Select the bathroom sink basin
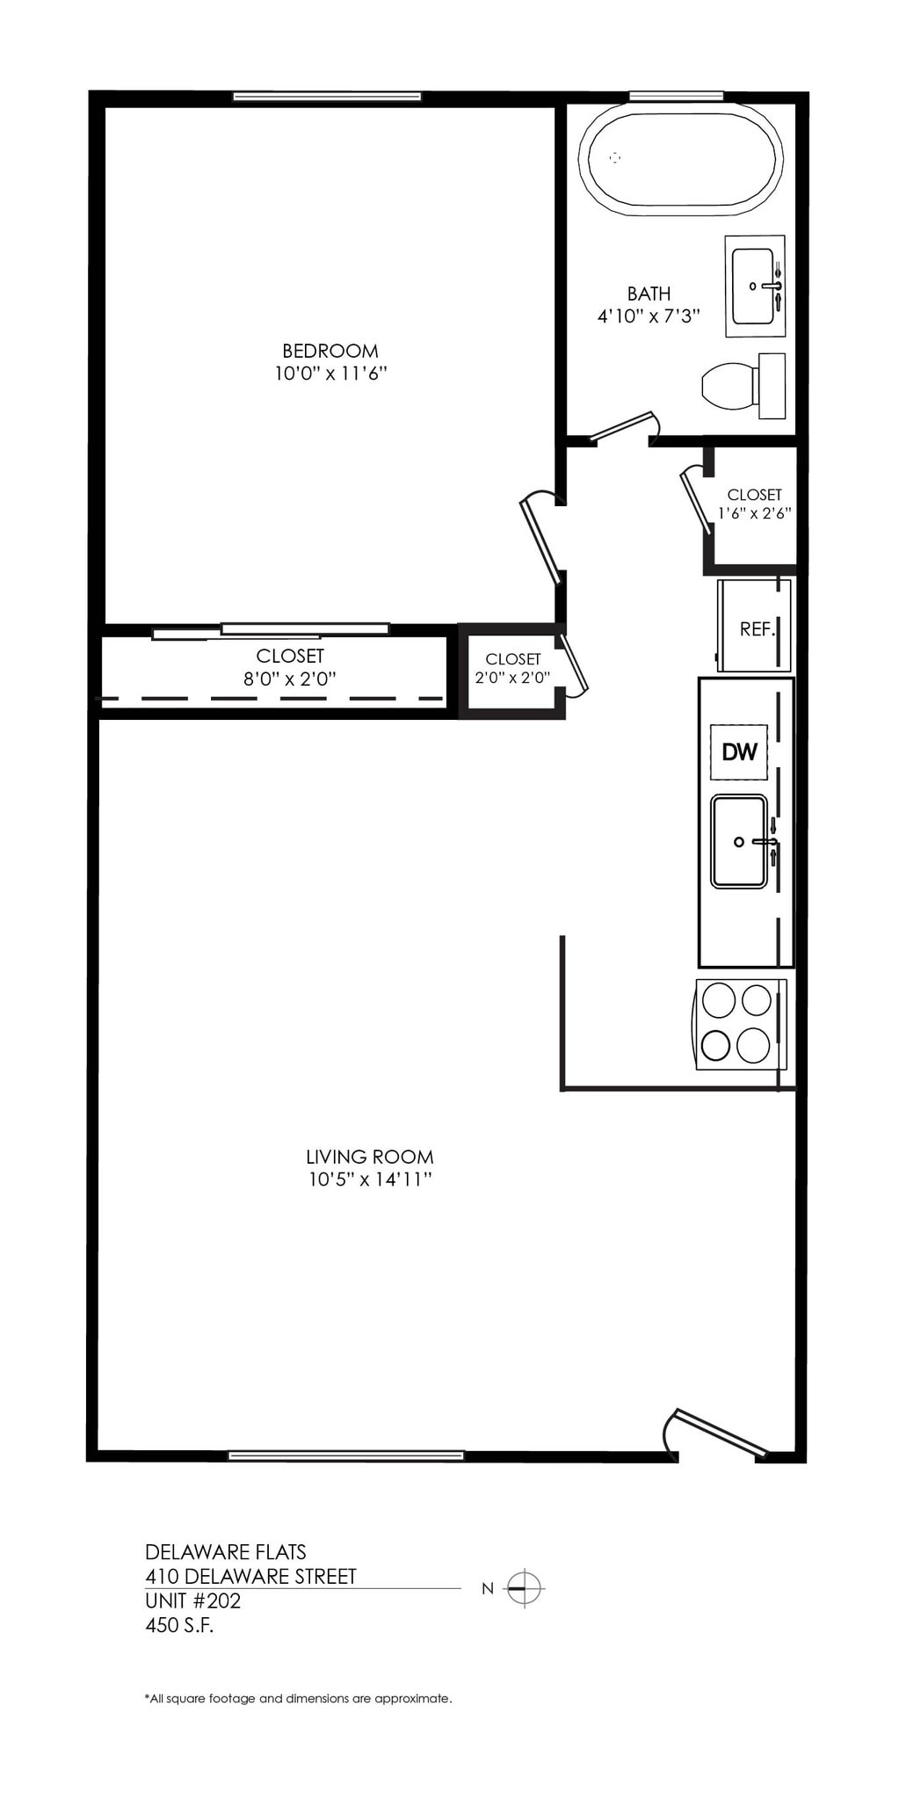tap(753, 286)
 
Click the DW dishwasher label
tap(739, 751)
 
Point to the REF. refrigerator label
tap(757, 629)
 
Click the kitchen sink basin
tap(739, 841)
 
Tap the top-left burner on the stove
tap(719, 1000)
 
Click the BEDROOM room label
tap(330, 351)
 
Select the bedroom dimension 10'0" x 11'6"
tap(330, 374)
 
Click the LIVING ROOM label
tap(370, 1157)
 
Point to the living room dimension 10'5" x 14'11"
tap(370, 1179)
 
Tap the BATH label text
tap(649, 294)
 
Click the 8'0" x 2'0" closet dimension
tap(290, 679)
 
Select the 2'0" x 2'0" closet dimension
tap(512, 678)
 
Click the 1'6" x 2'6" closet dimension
tap(755, 513)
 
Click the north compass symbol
tap(524, 1587)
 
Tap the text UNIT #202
tap(193, 1600)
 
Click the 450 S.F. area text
tap(179, 1625)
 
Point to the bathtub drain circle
tap(615, 157)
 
